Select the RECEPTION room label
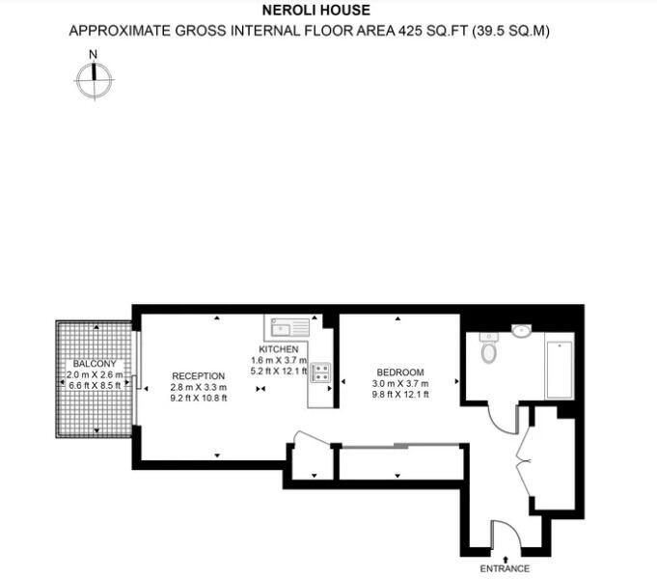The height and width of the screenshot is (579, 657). point(198,375)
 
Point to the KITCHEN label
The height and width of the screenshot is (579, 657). point(278,348)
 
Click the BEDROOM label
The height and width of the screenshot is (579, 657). point(399,372)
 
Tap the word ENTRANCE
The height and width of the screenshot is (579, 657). point(506,569)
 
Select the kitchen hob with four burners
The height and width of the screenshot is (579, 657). point(320,372)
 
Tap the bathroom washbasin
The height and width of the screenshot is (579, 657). point(521,331)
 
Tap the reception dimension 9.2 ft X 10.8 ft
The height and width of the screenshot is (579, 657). point(198,398)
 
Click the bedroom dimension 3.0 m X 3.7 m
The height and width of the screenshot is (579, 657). point(399,383)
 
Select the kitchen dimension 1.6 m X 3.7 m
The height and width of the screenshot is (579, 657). point(278,359)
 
